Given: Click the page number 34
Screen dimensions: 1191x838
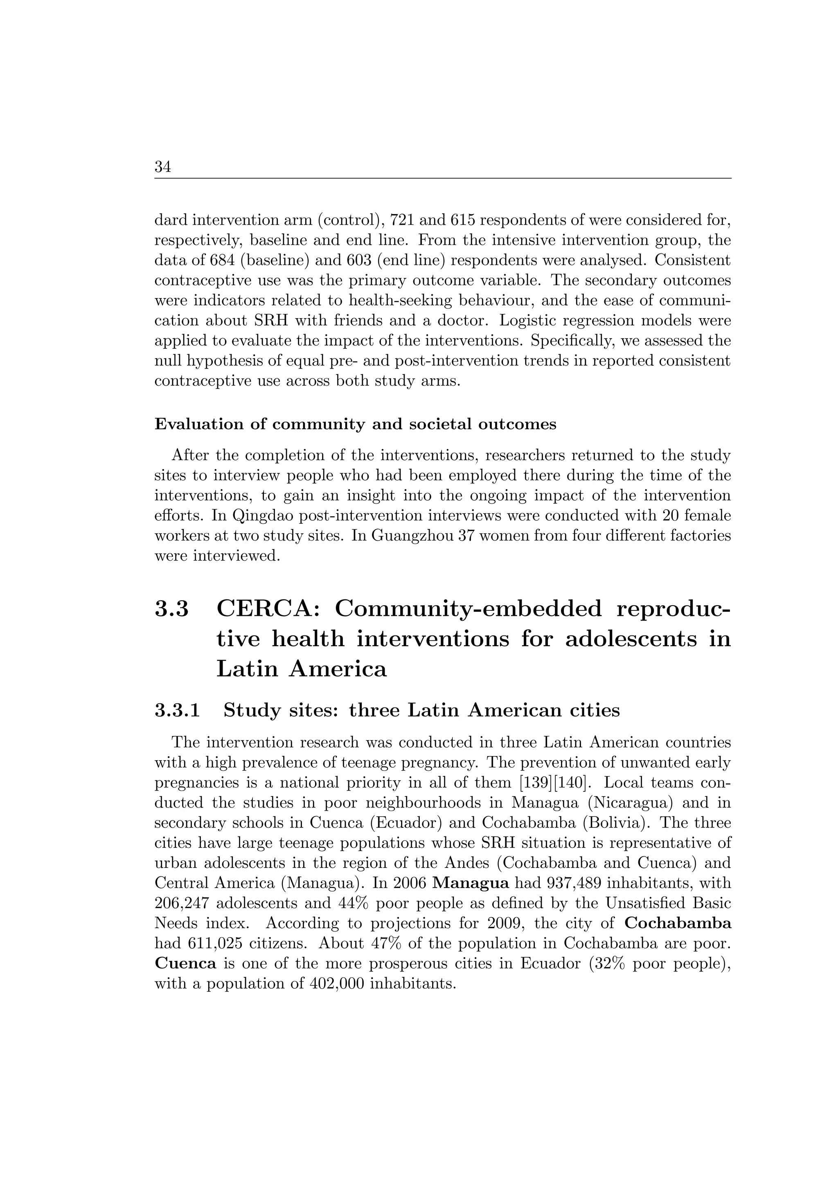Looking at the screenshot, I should (163, 167).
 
